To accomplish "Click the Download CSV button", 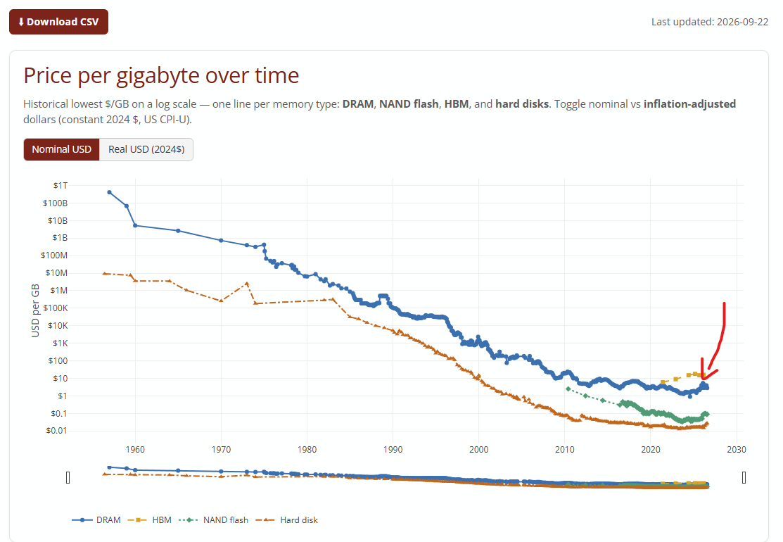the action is point(58,22).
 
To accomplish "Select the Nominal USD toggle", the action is point(61,149).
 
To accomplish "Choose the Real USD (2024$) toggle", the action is point(146,149).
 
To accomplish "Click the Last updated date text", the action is point(710,22).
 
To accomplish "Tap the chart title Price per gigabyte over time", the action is point(161,75).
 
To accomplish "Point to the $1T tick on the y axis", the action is point(61,185).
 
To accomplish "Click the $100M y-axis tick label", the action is point(54,256).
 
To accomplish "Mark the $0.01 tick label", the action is point(56,431).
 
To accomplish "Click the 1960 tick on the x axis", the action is point(135,450).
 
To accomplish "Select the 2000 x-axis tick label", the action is point(479,450).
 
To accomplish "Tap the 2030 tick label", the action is point(737,450).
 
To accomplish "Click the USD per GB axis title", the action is point(35,310).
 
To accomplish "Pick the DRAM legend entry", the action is point(96,520).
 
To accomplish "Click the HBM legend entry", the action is point(150,520).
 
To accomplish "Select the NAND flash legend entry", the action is point(213,520).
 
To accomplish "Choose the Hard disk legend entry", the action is point(286,520).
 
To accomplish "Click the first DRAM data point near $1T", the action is point(109,192).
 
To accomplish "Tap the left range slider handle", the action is point(68,478).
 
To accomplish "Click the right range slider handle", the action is point(744,478).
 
